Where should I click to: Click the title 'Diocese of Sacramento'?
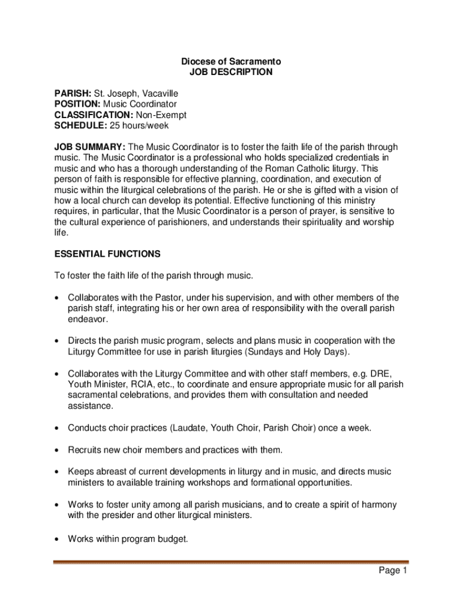tap(231, 62)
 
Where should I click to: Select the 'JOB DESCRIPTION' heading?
tap(231, 73)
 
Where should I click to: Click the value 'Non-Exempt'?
tap(161, 115)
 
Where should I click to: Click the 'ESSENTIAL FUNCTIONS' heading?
tap(107, 254)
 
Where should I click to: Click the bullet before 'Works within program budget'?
tap(56, 539)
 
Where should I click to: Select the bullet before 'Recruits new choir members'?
tap(56, 450)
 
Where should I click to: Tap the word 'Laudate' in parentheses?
tap(191, 428)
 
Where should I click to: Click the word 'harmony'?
tap(379, 505)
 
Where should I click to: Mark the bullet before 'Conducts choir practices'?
tap(56, 428)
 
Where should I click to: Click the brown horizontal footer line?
tap(231, 562)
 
